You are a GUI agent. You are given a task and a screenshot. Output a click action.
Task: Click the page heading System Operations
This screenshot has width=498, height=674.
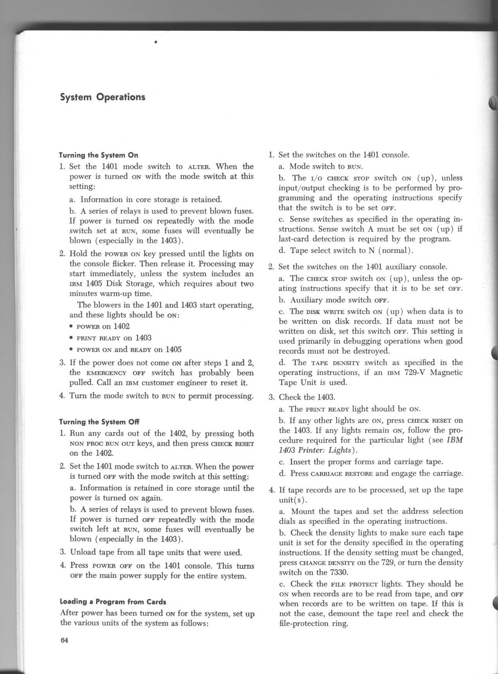pyautogui.click(x=102, y=97)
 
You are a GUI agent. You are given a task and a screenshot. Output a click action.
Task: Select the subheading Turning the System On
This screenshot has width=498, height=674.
pyautogui.click(x=98, y=155)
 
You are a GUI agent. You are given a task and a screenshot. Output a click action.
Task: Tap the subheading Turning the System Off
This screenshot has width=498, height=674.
pyautogui.click(x=99, y=422)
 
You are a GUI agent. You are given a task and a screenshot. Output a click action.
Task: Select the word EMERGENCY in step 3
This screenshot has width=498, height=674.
pyautogui.click(x=106, y=373)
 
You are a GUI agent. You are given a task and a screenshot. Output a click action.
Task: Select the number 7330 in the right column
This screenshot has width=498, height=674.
pyautogui.click(x=338, y=572)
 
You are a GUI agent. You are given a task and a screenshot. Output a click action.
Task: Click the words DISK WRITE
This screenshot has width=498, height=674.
pyautogui.click(x=324, y=312)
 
